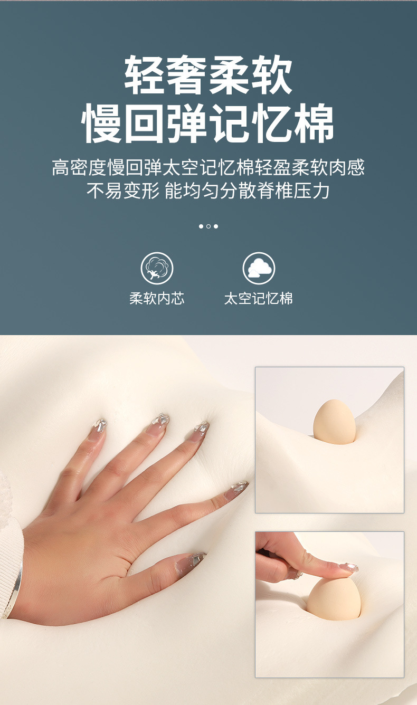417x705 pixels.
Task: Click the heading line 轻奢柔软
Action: click(x=209, y=75)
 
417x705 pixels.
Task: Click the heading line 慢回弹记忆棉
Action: click(x=208, y=123)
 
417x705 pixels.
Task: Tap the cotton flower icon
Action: click(x=157, y=268)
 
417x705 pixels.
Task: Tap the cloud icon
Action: click(x=259, y=268)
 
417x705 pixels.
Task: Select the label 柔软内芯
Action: click(x=157, y=298)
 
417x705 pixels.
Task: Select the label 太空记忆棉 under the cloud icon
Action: click(x=259, y=298)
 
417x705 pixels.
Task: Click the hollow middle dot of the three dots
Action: click(x=209, y=226)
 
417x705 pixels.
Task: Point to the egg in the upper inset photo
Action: click(x=334, y=422)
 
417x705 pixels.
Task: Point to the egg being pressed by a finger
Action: click(x=334, y=598)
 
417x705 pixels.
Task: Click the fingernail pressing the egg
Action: click(x=349, y=567)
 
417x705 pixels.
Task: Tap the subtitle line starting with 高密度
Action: click(x=209, y=167)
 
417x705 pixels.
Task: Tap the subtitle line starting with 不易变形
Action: click(x=209, y=190)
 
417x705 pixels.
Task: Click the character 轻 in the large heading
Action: click(x=145, y=75)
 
